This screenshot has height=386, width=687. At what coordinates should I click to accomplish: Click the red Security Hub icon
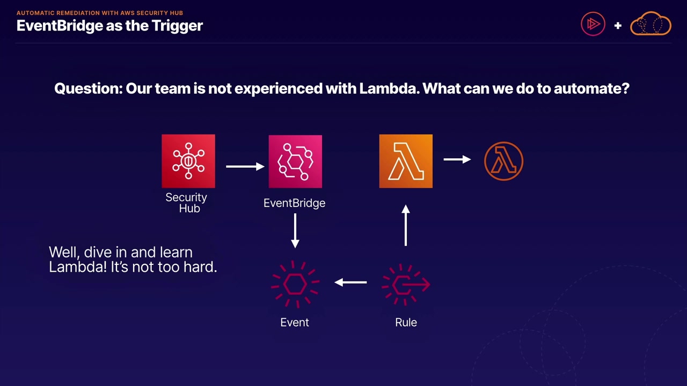coord(188,161)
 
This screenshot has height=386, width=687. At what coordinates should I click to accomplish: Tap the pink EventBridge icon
coord(295,161)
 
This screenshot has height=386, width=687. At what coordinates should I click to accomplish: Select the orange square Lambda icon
coord(406,161)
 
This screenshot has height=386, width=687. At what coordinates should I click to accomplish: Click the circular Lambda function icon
coord(503,161)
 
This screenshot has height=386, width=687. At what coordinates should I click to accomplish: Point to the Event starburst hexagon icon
coord(295,284)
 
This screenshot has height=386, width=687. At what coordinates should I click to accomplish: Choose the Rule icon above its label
coord(406,284)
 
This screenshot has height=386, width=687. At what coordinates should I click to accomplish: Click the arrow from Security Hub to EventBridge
coord(245,166)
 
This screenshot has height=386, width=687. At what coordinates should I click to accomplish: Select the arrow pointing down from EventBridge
coord(295,231)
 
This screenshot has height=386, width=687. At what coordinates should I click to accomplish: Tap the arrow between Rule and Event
coord(350,282)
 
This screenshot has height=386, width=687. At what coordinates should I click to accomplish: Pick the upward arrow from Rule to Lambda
coord(406,226)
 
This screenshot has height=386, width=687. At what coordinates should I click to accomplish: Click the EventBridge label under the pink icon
coord(294,203)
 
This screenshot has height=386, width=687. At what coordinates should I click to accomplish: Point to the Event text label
coord(295,322)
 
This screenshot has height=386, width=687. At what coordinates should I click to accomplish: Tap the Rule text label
coord(406,322)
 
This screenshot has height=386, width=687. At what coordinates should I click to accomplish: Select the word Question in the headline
coord(89,88)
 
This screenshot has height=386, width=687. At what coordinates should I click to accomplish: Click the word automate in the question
coord(591,88)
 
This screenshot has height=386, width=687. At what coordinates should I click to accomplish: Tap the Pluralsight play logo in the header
coord(593,24)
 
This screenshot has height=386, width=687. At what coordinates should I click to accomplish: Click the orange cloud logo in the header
coord(651,24)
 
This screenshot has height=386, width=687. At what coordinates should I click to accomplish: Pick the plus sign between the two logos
coord(618,25)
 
